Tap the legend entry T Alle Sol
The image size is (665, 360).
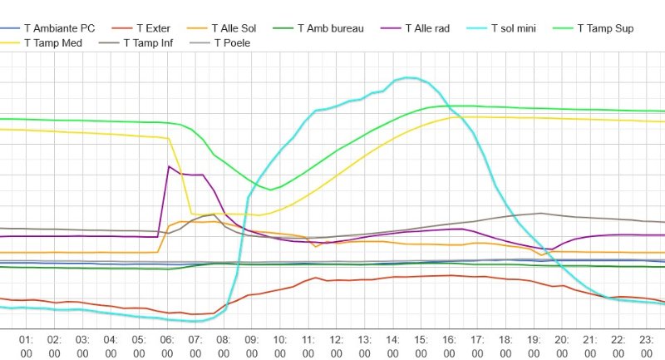click(x=234, y=28)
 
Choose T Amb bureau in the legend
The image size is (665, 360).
click(x=323, y=28)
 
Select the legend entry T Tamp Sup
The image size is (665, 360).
click(x=603, y=28)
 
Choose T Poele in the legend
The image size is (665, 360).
click(x=229, y=42)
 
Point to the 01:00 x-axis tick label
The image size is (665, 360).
click(x=26, y=346)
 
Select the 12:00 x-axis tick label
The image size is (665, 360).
click(x=337, y=346)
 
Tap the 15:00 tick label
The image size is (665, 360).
click(x=421, y=346)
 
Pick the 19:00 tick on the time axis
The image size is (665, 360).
click(x=534, y=346)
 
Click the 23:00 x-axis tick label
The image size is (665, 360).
click(x=647, y=346)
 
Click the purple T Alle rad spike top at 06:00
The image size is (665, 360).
click(x=169, y=166)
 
